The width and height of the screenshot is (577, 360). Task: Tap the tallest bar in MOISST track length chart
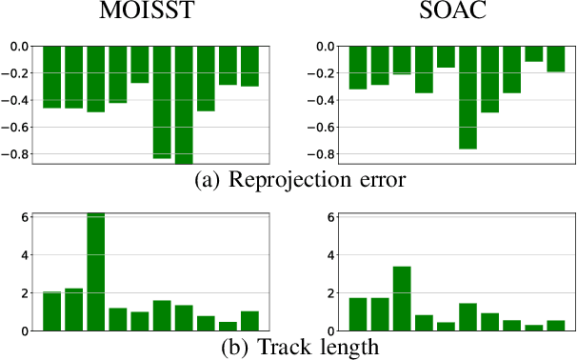[96, 271]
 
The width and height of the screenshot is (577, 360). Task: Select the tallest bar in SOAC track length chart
[402, 298]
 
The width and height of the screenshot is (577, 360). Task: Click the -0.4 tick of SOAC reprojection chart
[324, 100]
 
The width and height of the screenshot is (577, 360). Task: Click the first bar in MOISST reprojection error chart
[51, 76]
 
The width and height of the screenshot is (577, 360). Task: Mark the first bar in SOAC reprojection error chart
[358, 68]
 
